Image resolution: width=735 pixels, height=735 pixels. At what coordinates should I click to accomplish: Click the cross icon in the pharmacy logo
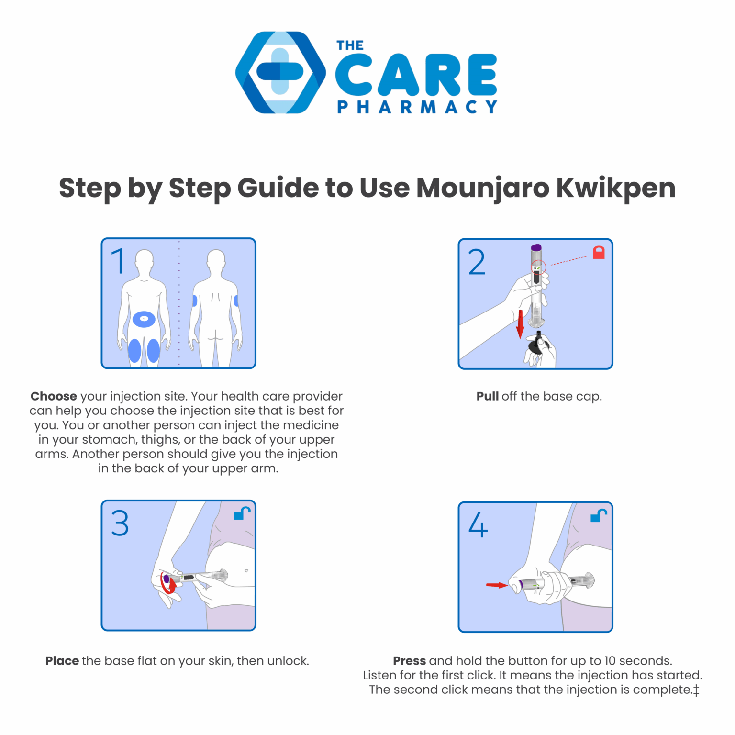coord(280,72)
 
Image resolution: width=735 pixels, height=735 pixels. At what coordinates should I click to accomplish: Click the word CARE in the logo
coord(416,75)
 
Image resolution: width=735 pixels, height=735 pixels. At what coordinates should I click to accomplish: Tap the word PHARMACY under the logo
coord(417,107)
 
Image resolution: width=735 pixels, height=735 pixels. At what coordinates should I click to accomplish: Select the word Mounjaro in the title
coord(483,188)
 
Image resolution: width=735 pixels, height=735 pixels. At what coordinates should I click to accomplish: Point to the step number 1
coord(118,261)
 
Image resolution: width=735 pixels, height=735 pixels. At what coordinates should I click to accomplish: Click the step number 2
coord(477,262)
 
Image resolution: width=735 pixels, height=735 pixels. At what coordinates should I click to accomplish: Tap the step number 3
coord(120,523)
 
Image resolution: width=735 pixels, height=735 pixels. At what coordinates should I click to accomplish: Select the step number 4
coord(478,524)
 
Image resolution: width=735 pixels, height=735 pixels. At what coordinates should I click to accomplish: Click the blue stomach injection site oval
coord(144,319)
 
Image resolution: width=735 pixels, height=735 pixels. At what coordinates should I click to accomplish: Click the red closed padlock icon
coord(599,253)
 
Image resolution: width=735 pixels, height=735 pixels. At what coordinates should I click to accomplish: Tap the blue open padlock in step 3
coord(242,513)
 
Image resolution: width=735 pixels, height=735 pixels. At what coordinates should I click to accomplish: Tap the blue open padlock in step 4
coord(598,516)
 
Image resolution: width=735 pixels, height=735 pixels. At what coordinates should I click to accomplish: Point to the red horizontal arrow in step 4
coord(496,585)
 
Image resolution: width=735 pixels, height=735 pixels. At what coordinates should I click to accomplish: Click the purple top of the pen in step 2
coord(536,248)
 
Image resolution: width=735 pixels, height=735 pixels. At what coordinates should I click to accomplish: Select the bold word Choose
coord(54,396)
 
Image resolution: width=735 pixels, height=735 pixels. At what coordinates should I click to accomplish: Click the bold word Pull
coord(487,396)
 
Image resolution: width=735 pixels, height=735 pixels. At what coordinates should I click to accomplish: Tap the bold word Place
coord(62,661)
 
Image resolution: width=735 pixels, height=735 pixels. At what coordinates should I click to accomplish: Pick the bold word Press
coord(409,661)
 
